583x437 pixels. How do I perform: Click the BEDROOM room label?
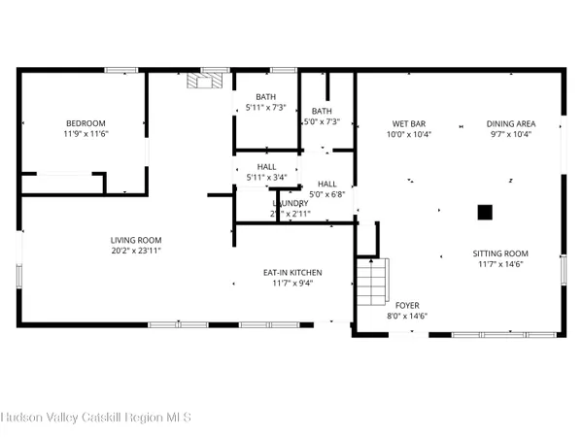tap(79, 123)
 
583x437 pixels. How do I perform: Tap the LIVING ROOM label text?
tap(135, 240)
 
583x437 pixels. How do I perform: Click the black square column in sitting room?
tap(484, 211)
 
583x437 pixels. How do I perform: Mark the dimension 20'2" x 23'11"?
tap(135, 251)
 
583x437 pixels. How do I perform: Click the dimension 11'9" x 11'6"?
tap(79, 134)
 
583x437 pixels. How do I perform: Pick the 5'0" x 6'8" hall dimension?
tap(326, 194)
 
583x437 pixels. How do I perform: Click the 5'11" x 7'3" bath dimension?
tap(265, 108)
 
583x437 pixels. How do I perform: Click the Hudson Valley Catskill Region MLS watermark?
tap(95, 418)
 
